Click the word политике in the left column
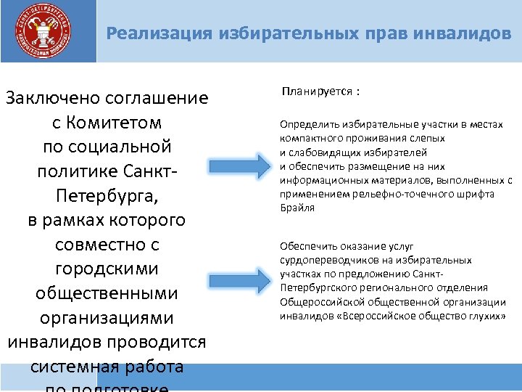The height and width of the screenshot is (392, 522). (x=79, y=171)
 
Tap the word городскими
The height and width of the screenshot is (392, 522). (x=107, y=269)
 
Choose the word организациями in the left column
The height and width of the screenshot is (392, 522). (x=107, y=318)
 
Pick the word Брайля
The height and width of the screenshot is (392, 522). (x=294, y=208)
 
